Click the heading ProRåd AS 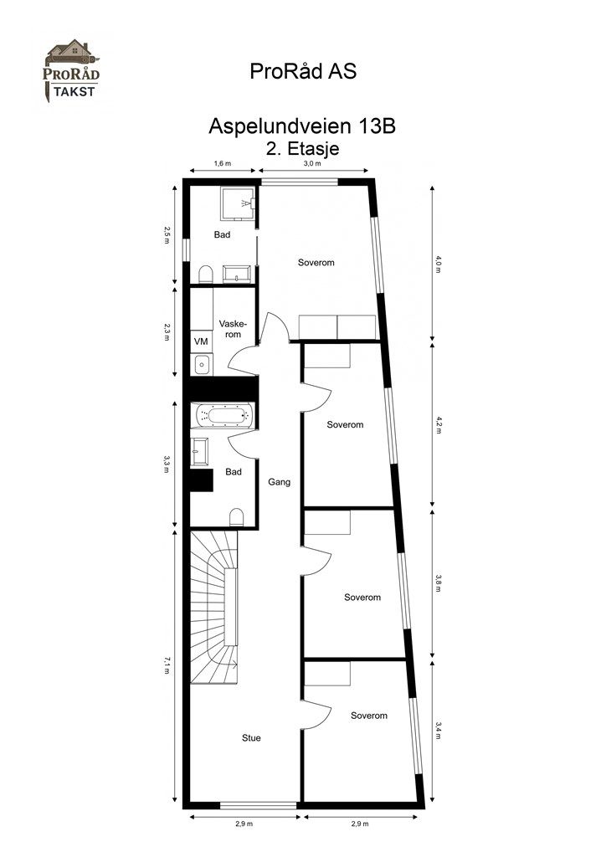pos(303,72)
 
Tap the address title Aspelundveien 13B pos(301,128)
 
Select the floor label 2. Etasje pos(302,148)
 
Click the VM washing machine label pos(201,341)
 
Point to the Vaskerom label pos(231,328)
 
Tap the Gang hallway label pos(279,482)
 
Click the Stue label pos(251,738)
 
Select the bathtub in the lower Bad pos(223,416)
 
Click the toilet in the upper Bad pos(205,274)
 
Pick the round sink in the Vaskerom pos(202,365)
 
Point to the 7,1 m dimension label pos(167,665)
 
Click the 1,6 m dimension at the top pos(222,164)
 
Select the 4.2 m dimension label pos(438,425)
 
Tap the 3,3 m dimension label pos(167,464)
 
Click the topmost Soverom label pos(316,263)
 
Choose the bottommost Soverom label pos(369,716)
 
